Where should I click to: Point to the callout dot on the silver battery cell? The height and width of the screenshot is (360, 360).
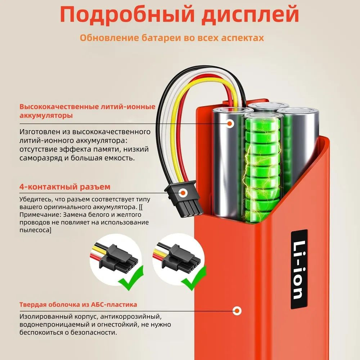[x=229, y=123]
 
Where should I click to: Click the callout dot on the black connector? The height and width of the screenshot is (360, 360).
[x=183, y=193]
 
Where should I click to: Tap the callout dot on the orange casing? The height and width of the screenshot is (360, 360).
[x=237, y=311]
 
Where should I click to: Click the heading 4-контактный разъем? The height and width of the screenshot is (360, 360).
[x=65, y=186]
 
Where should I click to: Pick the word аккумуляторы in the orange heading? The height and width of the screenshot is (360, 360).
[x=46, y=115]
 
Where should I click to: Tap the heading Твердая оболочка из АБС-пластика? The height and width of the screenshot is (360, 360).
[x=78, y=305]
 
